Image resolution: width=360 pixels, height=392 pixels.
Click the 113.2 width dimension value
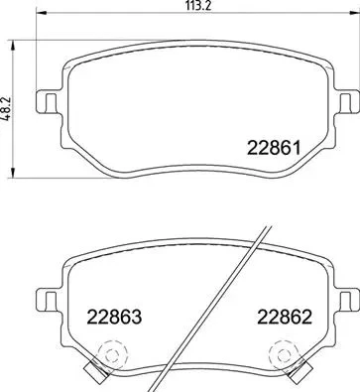[198, 5]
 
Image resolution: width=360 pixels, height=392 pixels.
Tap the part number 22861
[274, 148]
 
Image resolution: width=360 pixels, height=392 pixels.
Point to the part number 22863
[114, 317]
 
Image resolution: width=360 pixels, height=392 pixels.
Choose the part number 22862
[285, 317]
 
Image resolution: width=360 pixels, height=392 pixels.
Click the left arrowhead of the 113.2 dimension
[41, 13]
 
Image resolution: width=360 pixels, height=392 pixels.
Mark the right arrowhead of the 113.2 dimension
[354, 13]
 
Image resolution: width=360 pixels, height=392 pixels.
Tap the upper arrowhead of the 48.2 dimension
[13, 46]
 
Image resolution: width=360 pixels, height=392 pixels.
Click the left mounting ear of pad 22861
[49, 102]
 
